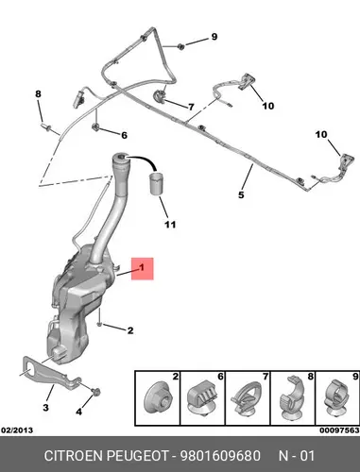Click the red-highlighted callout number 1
click(x=142, y=268)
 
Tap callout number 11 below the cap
click(x=170, y=225)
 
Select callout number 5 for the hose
click(x=241, y=194)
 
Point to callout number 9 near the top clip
click(x=214, y=37)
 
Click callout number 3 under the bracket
click(x=45, y=408)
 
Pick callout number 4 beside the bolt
click(x=78, y=412)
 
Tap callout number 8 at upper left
click(x=38, y=93)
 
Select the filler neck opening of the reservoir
click(x=120, y=157)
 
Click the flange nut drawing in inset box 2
click(x=158, y=398)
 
